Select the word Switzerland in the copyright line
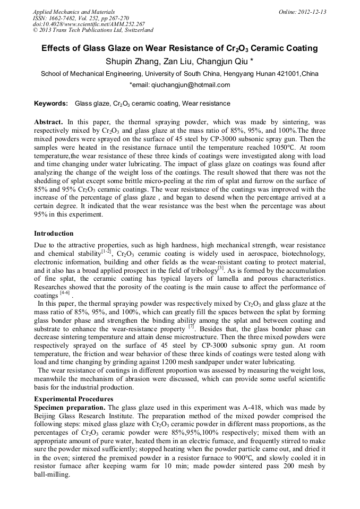pos(136,31)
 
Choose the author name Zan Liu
pos(174,62)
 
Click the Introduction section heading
pos(54,234)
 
